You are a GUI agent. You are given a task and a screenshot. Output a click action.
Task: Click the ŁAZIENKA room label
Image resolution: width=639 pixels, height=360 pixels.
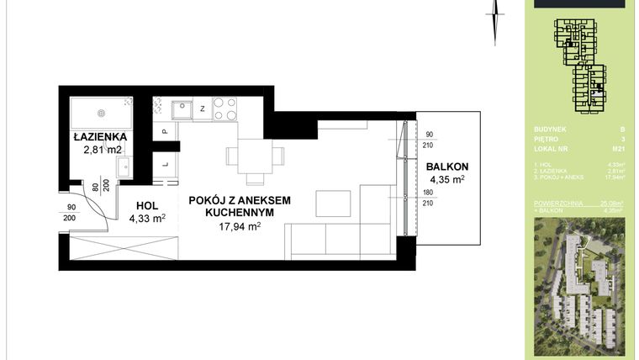[99, 136]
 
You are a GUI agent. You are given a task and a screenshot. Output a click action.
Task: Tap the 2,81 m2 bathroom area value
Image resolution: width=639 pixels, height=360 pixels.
[103, 151]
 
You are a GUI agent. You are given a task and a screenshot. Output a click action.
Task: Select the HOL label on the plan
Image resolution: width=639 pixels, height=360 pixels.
[146, 204]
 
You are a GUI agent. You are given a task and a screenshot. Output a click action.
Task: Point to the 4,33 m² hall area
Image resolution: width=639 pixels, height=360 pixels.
[147, 219]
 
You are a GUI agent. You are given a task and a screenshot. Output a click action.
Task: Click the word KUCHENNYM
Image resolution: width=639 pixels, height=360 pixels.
[240, 214]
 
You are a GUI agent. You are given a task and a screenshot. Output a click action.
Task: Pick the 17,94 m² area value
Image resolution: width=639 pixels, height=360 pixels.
[240, 227]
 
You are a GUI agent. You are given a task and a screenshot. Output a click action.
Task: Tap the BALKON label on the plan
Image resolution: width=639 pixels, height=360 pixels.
[446, 166]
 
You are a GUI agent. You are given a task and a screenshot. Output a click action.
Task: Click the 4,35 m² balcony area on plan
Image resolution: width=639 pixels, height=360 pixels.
[446, 179]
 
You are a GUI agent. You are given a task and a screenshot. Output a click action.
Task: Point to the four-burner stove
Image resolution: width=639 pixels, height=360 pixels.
[224, 109]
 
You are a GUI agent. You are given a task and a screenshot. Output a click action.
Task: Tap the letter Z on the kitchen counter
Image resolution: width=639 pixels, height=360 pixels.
[203, 108]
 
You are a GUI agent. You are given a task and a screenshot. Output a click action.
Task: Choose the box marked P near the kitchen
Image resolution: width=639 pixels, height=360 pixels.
[165, 132]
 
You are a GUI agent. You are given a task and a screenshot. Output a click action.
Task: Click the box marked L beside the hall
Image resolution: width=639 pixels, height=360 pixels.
[165, 164]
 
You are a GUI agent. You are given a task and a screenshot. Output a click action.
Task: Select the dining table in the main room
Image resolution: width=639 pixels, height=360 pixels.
[255, 156]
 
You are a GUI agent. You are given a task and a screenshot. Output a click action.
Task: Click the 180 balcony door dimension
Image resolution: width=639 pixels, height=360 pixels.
[427, 193]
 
